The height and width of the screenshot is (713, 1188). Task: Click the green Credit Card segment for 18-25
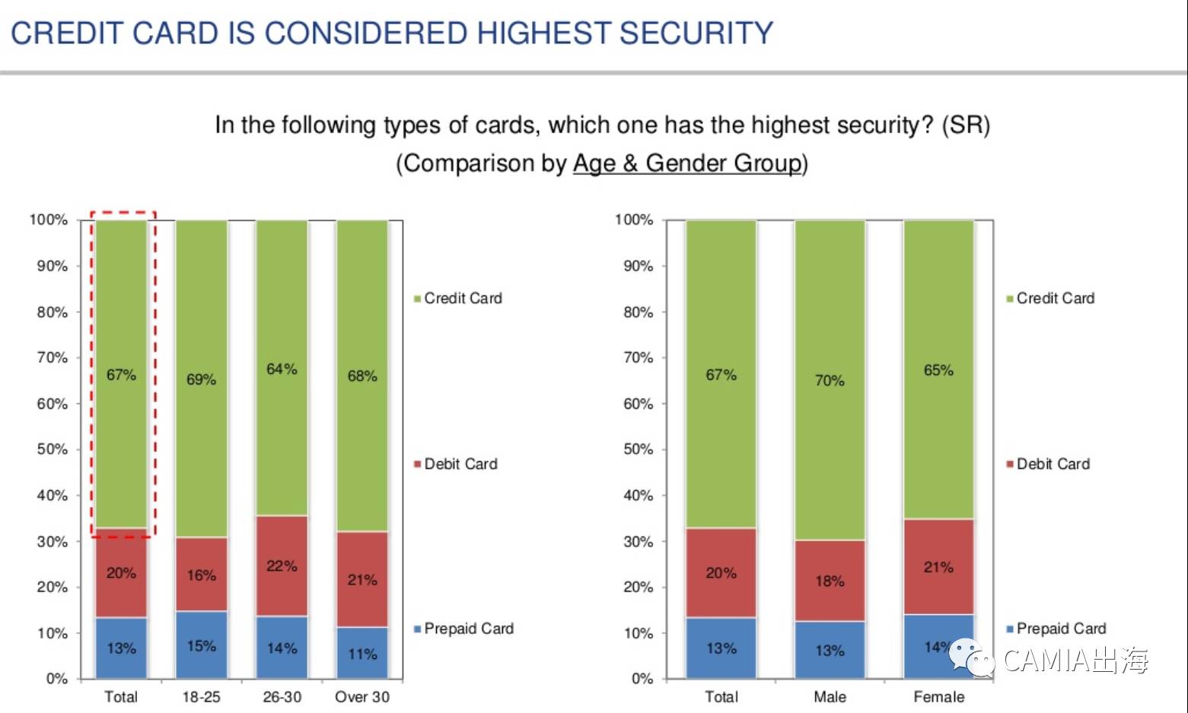click(202, 304)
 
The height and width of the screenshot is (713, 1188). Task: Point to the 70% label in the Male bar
click(830, 380)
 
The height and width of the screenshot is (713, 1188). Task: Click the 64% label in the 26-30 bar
click(282, 369)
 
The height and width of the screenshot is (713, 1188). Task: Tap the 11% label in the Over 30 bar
click(362, 654)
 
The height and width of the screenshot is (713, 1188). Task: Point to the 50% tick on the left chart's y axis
click(53, 449)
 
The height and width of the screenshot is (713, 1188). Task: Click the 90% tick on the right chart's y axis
click(638, 266)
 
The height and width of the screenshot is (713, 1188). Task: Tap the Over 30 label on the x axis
click(362, 696)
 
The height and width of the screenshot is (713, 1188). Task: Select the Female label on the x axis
click(938, 696)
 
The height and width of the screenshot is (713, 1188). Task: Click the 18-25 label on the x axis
click(201, 696)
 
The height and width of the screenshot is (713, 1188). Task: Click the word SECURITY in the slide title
click(696, 33)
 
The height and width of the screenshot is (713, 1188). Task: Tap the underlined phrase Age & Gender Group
click(687, 163)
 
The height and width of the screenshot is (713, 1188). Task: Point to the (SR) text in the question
click(965, 125)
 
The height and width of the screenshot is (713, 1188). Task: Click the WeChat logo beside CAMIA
click(971, 657)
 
